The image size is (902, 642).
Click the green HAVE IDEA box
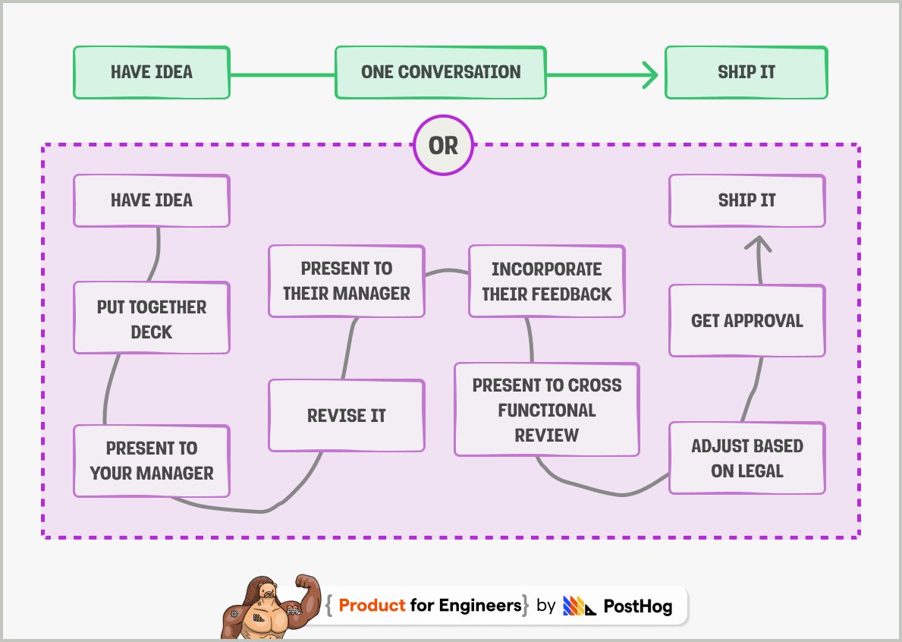pyautogui.click(x=152, y=73)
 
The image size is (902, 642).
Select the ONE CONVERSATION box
pyautogui.click(x=441, y=73)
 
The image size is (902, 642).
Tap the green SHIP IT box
pyautogui.click(x=746, y=73)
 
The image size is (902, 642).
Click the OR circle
pyautogui.click(x=443, y=145)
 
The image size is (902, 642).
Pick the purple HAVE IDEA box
pyautogui.click(x=152, y=201)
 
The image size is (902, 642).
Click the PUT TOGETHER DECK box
pyautogui.click(x=152, y=319)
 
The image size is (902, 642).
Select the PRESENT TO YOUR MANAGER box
pyautogui.click(x=152, y=461)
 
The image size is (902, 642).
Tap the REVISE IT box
pyautogui.click(x=347, y=416)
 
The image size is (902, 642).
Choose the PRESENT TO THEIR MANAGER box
pyautogui.click(x=347, y=281)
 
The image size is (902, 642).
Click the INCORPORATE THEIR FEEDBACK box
pyautogui.click(x=546, y=282)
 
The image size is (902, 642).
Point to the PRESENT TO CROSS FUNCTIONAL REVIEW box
pyautogui.click(x=546, y=410)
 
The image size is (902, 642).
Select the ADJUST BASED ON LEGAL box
pyautogui.click(x=746, y=458)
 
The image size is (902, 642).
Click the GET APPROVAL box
pyautogui.click(x=746, y=321)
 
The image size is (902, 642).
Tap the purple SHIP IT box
pyautogui.click(x=746, y=201)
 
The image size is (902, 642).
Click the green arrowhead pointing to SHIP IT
pyautogui.click(x=649, y=74)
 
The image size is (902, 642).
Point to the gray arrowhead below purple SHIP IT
pyautogui.click(x=758, y=243)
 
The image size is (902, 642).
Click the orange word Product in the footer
pyautogui.click(x=372, y=606)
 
